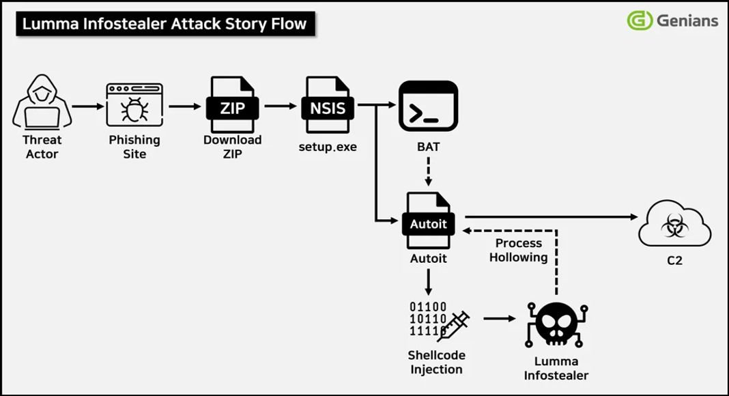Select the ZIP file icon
click(232, 105)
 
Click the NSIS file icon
click(328, 105)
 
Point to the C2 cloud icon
click(674, 224)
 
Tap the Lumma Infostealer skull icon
click(556, 324)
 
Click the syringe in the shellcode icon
click(453, 326)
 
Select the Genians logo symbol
click(640, 20)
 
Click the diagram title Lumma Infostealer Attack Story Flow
click(165, 25)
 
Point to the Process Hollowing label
click(518, 250)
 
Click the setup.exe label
click(328, 147)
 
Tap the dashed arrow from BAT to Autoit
click(428, 171)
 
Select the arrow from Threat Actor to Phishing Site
click(87, 107)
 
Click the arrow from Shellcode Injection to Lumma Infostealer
click(499, 318)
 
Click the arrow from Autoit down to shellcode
click(428, 281)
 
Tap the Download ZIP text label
click(232, 147)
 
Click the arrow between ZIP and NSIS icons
click(280, 107)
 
